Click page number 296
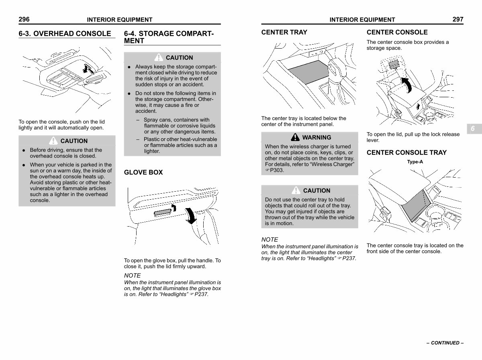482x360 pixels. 24,19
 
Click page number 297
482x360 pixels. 458,19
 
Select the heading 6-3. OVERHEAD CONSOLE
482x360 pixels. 65,34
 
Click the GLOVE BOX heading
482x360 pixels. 143,172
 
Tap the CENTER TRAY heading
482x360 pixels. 284,32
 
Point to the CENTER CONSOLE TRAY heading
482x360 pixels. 406,152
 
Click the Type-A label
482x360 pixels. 415,162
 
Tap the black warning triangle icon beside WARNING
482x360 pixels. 295,137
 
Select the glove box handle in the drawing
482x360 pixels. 163,213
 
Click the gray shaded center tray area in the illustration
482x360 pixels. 308,72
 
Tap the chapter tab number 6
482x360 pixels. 473,129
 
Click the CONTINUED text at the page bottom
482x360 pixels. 445,343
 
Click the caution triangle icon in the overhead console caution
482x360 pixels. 53,141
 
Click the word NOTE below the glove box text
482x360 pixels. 133,276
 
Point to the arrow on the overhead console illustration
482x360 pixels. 88,69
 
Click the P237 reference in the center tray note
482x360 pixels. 349,258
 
